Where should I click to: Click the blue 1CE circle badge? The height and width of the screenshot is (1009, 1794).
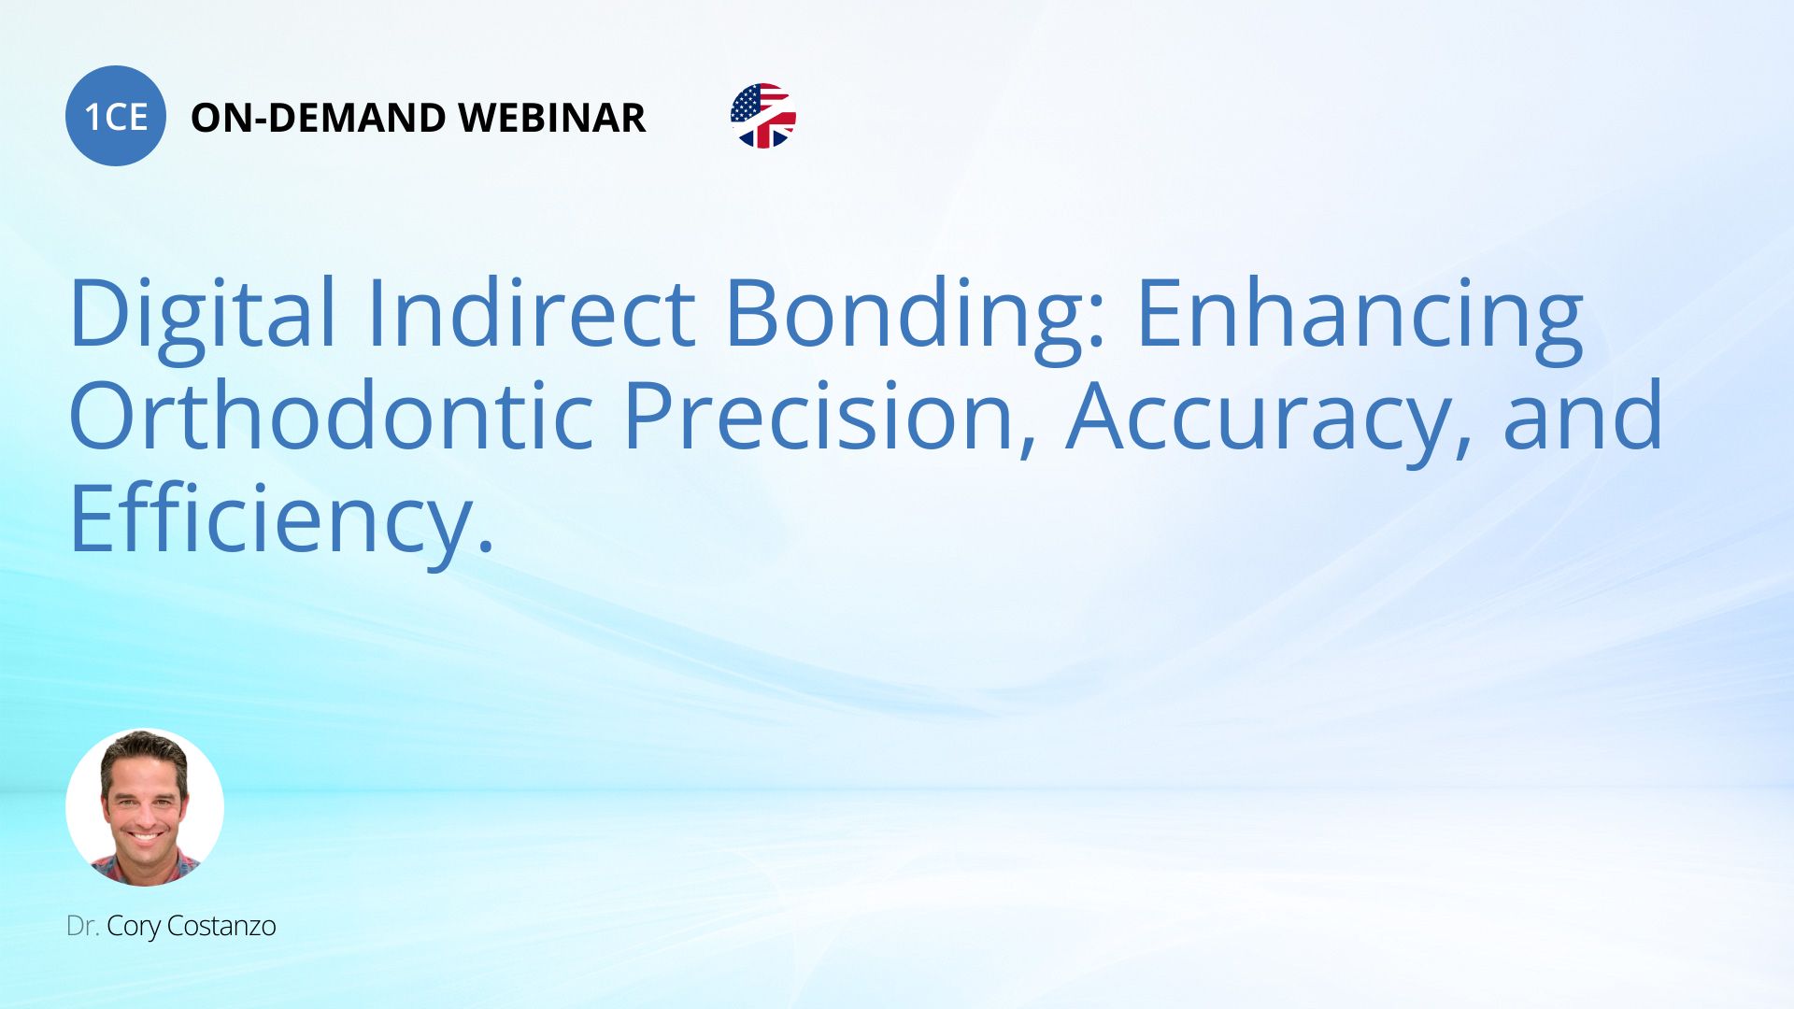pyautogui.click(x=116, y=116)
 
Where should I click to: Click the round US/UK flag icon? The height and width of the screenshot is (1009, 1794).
pyautogui.click(x=763, y=116)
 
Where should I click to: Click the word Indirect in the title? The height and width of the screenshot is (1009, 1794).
pyautogui.click(x=531, y=312)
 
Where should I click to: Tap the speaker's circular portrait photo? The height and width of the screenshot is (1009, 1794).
pyautogui.click(x=145, y=807)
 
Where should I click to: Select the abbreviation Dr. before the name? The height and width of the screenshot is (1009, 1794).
pyautogui.click(x=82, y=926)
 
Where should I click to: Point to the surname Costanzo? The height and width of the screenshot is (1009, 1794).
pyautogui.click(x=221, y=926)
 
